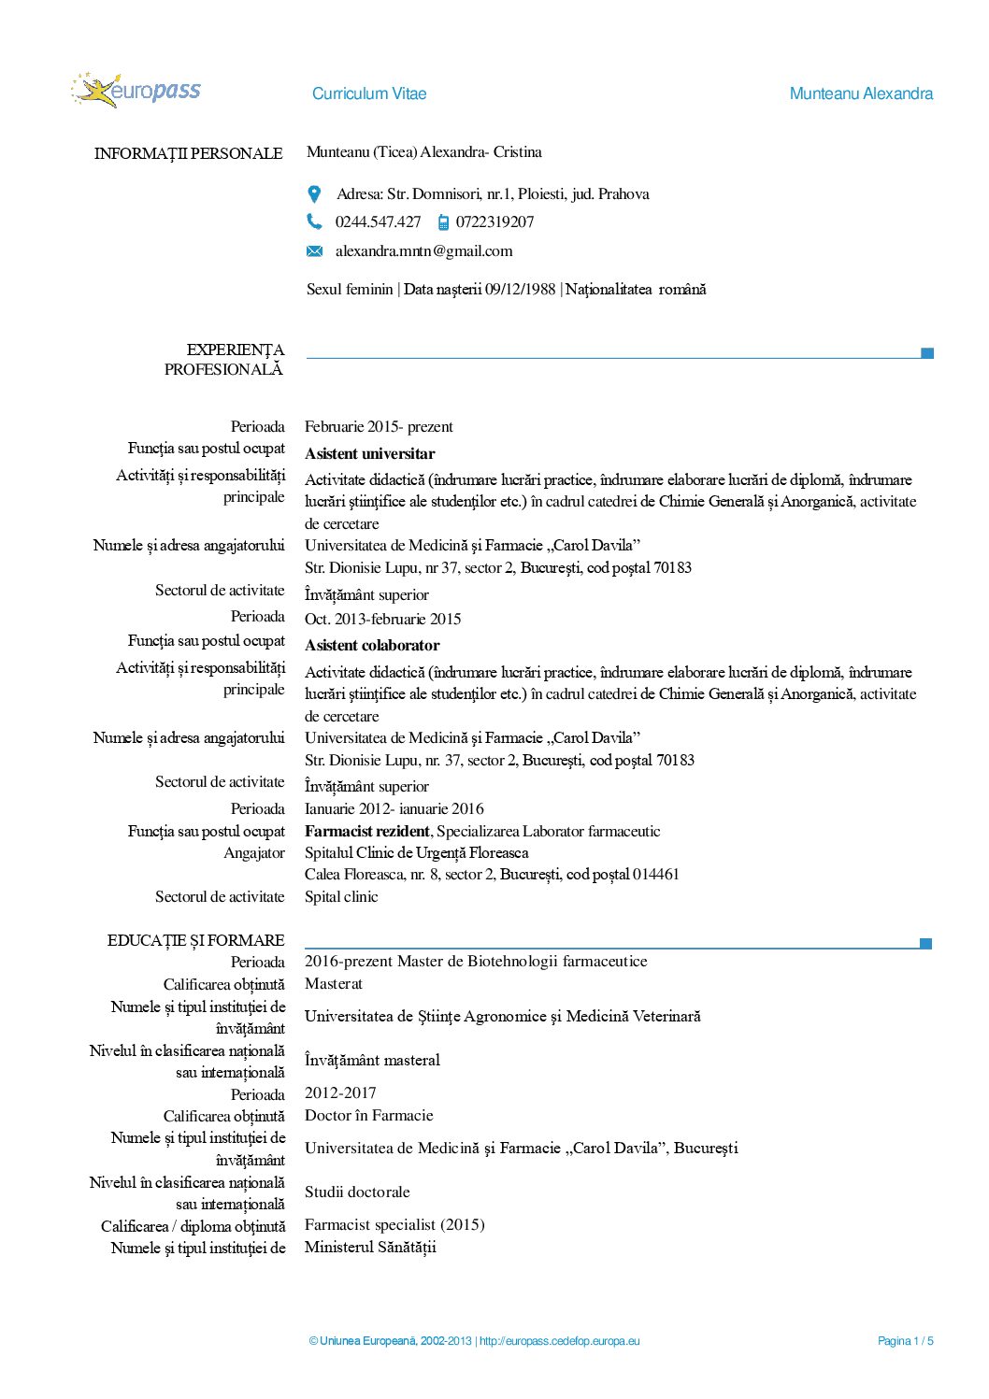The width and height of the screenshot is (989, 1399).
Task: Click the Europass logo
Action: click(136, 91)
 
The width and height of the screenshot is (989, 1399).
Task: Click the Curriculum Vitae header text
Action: click(369, 93)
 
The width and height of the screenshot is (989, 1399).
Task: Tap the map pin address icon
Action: click(315, 194)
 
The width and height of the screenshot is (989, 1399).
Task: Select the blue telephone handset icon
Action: click(314, 221)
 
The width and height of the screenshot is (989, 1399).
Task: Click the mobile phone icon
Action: click(443, 222)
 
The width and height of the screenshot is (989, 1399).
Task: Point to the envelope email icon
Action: click(315, 251)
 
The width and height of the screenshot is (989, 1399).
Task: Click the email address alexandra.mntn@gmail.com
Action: click(423, 250)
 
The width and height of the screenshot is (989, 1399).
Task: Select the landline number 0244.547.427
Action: click(378, 221)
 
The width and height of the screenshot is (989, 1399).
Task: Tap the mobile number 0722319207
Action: click(494, 221)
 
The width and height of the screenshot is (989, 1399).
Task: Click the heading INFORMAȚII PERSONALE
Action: click(188, 153)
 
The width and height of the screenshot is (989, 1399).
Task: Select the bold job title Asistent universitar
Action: click(369, 454)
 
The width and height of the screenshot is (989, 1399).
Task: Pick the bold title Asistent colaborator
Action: click(371, 646)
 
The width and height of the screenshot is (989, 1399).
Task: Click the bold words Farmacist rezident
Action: click(366, 831)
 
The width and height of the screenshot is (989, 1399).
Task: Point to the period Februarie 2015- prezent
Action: click(379, 427)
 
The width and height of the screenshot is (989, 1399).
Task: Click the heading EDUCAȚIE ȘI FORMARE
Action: click(195, 940)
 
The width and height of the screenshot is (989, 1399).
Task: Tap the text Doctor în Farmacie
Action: click(368, 1115)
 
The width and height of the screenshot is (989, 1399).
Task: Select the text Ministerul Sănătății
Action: click(370, 1247)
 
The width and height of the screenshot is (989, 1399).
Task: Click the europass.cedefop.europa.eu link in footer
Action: click(560, 1341)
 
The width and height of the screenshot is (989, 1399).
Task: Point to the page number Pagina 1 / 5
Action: click(905, 1341)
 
